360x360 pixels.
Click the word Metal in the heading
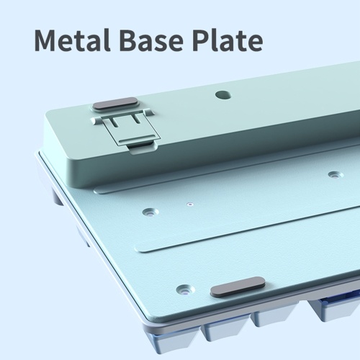pyautogui.click(x=72, y=40)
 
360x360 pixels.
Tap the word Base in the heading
pyautogui.click(x=152, y=40)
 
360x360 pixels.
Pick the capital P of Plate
pyautogui.click(x=202, y=40)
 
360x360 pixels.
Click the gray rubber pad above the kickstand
pyautogui.click(x=115, y=104)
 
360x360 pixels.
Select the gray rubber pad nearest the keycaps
pyautogui.click(x=238, y=287)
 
